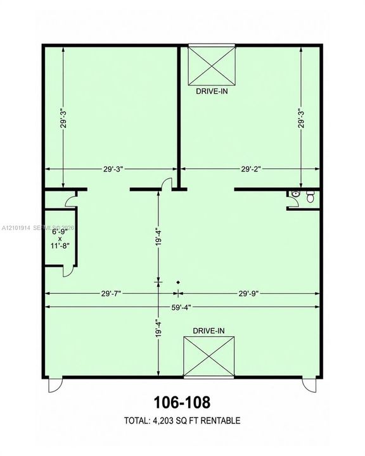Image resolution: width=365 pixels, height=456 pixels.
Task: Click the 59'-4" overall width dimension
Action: pos(181,307)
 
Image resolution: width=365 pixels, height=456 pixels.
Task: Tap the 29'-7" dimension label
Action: pos(111,294)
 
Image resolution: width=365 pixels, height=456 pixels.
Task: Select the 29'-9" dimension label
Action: pos(248,294)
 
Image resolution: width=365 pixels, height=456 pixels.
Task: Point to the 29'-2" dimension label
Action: pos(250,169)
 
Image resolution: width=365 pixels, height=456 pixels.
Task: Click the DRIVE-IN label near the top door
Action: pos(212,91)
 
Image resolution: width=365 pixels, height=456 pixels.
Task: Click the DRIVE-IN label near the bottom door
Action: pos(208,331)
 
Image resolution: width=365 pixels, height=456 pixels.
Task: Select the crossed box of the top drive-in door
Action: pos(212,66)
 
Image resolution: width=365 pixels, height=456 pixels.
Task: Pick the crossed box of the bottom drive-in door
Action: pos(208,356)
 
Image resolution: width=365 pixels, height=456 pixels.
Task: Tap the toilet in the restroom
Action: pos(311,196)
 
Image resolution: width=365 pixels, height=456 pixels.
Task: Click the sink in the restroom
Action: pos(295,194)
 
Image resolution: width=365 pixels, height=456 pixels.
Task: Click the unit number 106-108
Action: pos(182,403)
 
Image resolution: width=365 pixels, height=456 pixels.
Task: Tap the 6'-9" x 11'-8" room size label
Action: pos(60,239)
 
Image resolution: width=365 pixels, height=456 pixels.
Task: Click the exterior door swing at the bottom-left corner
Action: pos(55,385)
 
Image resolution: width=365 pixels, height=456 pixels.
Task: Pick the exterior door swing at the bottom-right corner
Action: pos(309,384)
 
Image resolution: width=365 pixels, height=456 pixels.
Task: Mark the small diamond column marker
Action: pos(178,282)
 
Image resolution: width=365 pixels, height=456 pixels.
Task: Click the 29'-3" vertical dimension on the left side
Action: pos(63,118)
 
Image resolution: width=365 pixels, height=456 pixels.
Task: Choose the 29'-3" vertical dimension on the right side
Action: pos(301,118)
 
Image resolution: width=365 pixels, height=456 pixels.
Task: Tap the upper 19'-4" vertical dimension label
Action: pos(158,237)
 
